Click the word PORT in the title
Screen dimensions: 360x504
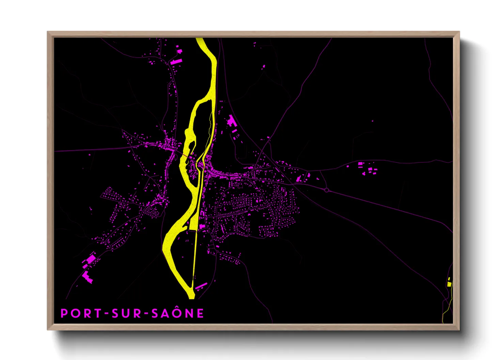click(x=80, y=313)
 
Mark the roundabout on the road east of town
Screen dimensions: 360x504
click(x=327, y=190)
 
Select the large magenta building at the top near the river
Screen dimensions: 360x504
click(x=176, y=62)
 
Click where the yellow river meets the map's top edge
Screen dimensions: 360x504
click(x=200, y=38)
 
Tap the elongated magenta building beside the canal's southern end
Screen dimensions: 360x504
click(x=201, y=285)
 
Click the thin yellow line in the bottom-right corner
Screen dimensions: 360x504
click(x=445, y=311)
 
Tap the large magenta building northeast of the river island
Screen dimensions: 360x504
click(x=232, y=121)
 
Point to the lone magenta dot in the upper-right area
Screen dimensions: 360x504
click(x=372, y=121)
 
